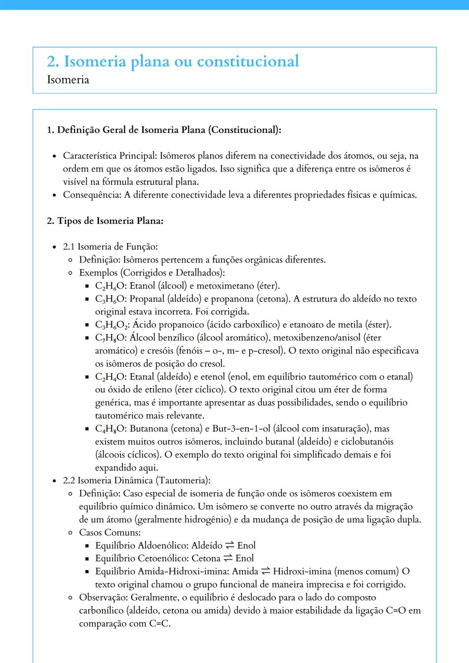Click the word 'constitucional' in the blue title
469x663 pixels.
click(x=248, y=61)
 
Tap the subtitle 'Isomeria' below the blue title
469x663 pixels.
click(x=68, y=80)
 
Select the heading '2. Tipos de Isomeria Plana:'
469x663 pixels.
click(x=105, y=221)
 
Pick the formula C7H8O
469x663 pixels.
click(x=111, y=338)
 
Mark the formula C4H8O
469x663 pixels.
click(x=111, y=429)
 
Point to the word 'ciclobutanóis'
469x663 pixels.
click(x=367, y=442)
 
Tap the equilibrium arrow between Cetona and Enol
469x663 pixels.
click(x=228, y=558)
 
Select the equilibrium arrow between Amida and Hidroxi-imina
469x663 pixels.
click(x=265, y=571)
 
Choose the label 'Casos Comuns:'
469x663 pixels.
click(x=110, y=532)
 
